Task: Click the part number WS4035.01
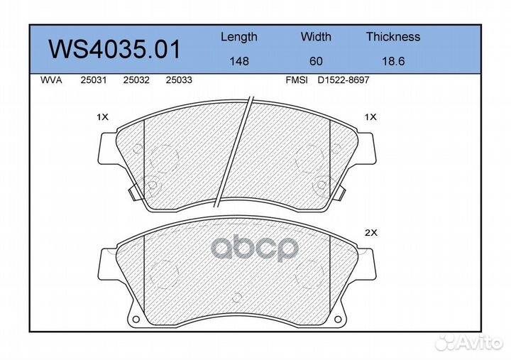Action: tap(114, 50)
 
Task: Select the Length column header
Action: tap(239, 37)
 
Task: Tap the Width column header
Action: tap(316, 37)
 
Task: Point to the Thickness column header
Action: tap(393, 37)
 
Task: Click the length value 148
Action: tap(239, 61)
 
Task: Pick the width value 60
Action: tap(316, 61)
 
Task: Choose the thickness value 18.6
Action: tap(393, 61)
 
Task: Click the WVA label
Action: tap(51, 80)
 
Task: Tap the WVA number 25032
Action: tap(136, 80)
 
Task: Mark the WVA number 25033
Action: tap(178, 80)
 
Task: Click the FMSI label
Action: tap(296, 80)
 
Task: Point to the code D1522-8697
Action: tap(343, 80)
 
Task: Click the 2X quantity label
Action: tap(370, 232)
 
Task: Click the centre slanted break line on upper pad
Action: tap(236, 149)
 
